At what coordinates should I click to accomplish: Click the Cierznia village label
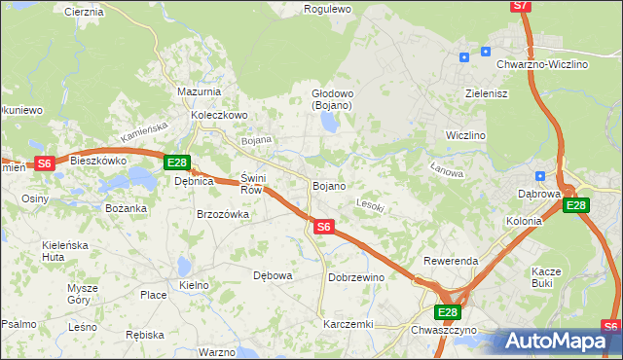pos(83,12)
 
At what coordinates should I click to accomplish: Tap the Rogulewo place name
pos(327,9)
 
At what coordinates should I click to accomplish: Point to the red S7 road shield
pos(521,6)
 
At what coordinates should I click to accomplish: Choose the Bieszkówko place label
pos(99,161)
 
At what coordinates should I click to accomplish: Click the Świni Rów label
pos(251,184)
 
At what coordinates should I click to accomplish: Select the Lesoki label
pos(371,205)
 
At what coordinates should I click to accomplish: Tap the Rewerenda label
pos(450,262)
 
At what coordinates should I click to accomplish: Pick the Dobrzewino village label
pos(356,277)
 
